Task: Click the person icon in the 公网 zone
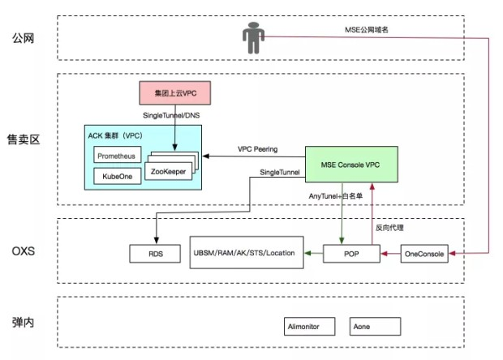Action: click(x=252, y=37)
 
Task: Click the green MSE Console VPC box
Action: click(x=351, y=164)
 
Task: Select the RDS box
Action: click(x=154, y=254)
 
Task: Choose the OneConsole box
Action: click(x=424, y=254)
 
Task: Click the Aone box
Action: click(x=375, y=326)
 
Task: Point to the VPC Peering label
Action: click(x=258, y=149)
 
